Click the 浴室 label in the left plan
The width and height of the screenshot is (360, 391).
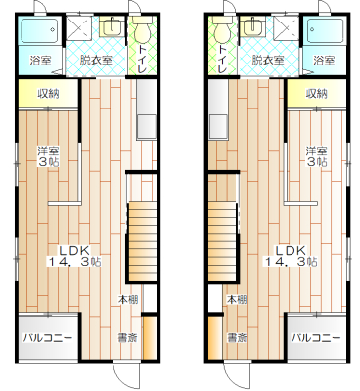40,60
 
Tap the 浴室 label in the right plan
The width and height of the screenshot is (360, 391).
324,60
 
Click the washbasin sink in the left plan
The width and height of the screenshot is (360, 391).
112,26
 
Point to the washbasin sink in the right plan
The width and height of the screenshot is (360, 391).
252,26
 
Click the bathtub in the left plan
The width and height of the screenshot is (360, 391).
40,30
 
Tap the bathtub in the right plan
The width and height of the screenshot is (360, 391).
325,30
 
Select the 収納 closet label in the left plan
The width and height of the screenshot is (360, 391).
49,94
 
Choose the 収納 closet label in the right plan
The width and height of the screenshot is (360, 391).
316,94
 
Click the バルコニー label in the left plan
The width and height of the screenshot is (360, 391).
47,337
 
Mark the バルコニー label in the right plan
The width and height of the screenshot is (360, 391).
316,337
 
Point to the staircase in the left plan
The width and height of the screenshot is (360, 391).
142,241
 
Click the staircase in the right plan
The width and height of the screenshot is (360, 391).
222,241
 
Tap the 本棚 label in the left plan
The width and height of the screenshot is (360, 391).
127,299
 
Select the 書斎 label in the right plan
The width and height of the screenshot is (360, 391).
237,337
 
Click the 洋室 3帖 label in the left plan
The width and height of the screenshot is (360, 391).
49,156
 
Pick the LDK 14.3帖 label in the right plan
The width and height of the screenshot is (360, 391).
292,256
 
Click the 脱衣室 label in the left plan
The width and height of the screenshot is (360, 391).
96,60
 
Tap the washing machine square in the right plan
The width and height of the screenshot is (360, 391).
286,28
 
